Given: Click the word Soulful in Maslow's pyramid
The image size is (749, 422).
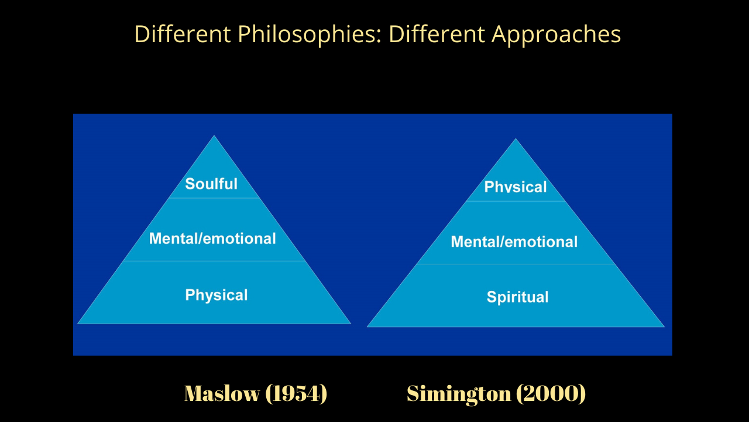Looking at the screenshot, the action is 211,184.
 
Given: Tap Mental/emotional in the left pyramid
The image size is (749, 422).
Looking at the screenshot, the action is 212,239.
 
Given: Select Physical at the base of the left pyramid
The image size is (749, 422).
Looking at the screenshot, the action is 217,295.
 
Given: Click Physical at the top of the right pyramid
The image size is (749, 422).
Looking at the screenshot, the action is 516,186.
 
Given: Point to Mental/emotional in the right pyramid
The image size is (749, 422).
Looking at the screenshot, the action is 514,241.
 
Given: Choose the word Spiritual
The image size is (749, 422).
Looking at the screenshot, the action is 518,297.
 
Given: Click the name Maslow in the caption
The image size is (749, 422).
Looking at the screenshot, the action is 222,393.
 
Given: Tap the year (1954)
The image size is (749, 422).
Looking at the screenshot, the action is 296,393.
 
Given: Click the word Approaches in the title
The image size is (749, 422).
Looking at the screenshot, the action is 556,34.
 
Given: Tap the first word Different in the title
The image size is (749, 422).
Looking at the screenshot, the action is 183,34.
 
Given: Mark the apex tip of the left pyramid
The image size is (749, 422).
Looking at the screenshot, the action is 214,135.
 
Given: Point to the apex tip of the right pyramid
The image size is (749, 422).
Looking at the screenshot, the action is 516,139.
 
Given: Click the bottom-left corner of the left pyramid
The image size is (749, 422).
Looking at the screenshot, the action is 78,324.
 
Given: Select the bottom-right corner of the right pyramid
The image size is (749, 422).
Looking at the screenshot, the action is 664,326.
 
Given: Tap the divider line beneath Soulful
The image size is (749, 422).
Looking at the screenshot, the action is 214,198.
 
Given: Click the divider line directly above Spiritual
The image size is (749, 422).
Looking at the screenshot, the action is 516,264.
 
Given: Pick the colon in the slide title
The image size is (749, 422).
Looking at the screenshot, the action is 379,35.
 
